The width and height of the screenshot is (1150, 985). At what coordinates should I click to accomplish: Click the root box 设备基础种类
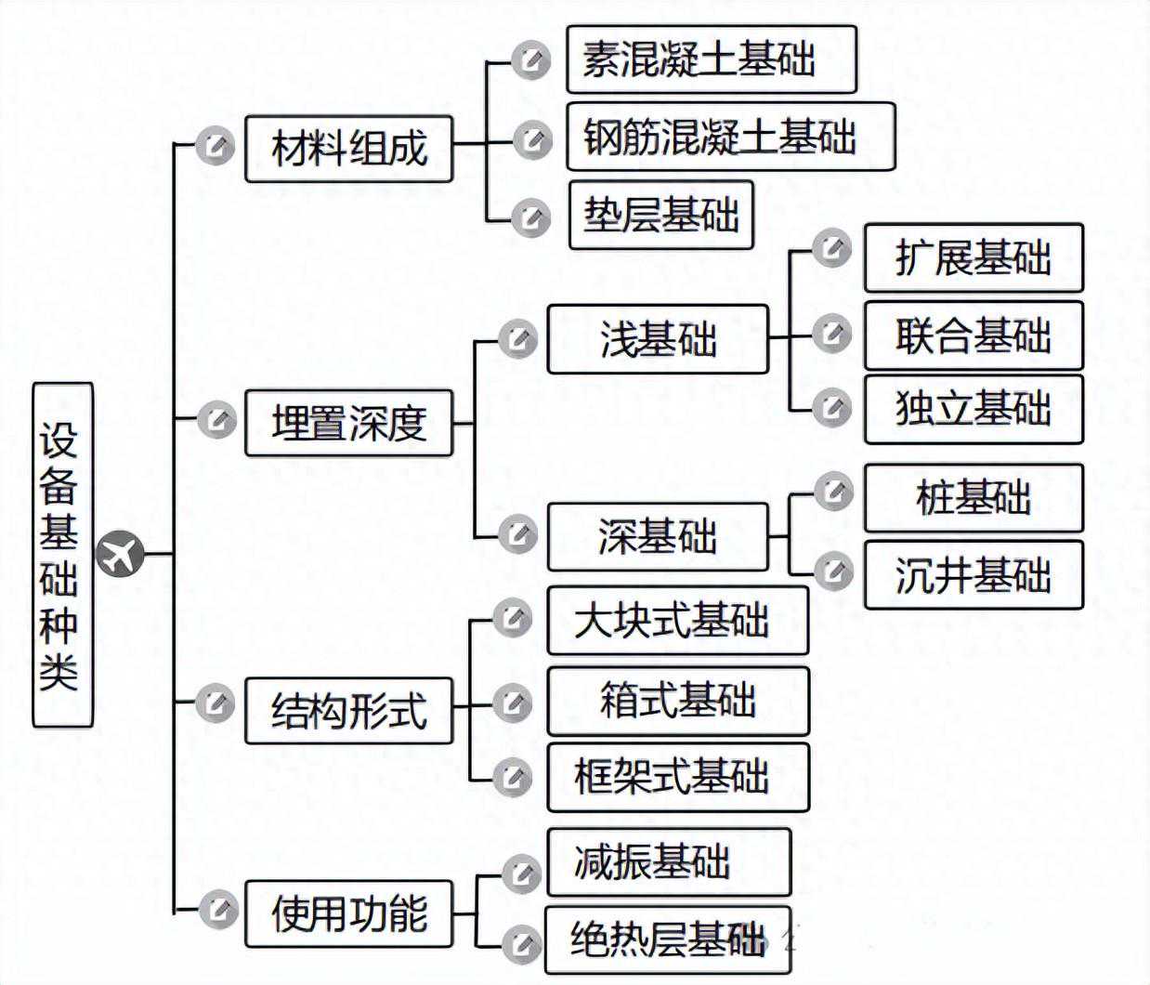pyautogui.click(x=62, y=555)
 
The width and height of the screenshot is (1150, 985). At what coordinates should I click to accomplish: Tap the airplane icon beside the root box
pyautogui.click(x=121, y=555)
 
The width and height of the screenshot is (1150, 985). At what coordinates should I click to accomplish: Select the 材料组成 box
pyautogui.click(x=348, y=149)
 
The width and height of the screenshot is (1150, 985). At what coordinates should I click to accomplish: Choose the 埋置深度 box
pyautogui.click(x=348, y=423)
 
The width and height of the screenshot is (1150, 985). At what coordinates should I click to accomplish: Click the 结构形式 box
pyautogui.click(x=348, y=711)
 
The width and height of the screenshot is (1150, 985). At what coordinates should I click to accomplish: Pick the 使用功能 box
pyautogui.click(x=348, y=913)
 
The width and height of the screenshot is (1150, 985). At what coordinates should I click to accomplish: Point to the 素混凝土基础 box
pyautogui.click(x=711, y=59)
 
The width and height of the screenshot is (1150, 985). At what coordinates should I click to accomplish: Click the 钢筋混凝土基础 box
pyautogui.click(x=730, y=137)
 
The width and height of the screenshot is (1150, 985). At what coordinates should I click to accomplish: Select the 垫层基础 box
pyautogui.click(x=660, y=216)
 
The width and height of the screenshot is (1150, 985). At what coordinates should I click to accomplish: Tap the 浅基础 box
pyautogui.click(x=658, y=339)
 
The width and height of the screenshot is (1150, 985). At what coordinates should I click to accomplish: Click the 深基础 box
pyautogui.click(x=658, y=537)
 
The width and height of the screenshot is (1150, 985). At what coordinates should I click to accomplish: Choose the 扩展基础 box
pyautogui.click(x=974, y=257)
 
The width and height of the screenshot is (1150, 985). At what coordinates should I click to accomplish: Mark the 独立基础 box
pyautogui.click(x=974, y=409)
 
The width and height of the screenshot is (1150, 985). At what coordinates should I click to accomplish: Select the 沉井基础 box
pyautogui.click(x=974, y=575)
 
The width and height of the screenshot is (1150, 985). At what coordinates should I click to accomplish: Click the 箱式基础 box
pyautogui.click(x=678, y=701)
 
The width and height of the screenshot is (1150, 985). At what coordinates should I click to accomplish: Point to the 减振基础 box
pyautogui.click(x=669, y=862)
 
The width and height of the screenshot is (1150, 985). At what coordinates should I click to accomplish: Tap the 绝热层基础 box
pyautogui.click(x=668, y=939)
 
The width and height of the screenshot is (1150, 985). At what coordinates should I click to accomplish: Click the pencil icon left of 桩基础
pyautogui.click(x=833, y=492)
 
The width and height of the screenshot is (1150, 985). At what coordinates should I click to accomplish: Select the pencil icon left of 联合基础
pyautogui.click(x=831, y=333)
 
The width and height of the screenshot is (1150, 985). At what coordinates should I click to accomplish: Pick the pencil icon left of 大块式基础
pyautogui.click(x=512, y=618)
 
